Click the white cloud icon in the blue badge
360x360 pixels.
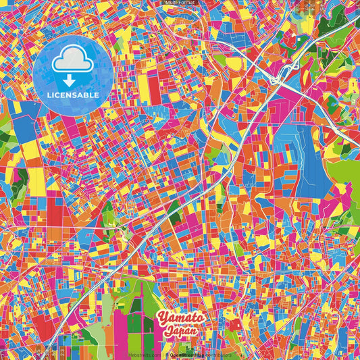click(72, 61)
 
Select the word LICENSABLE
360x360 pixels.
click(73, 95)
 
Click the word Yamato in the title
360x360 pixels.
click(180, 317)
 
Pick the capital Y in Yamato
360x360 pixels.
click(163, 317)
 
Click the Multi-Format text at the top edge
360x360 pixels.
click(179, 3)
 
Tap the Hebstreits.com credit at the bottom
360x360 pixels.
click(145, 353)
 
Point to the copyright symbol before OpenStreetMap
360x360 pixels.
click(167, 353)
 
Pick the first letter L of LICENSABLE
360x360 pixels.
click(49, 95)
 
